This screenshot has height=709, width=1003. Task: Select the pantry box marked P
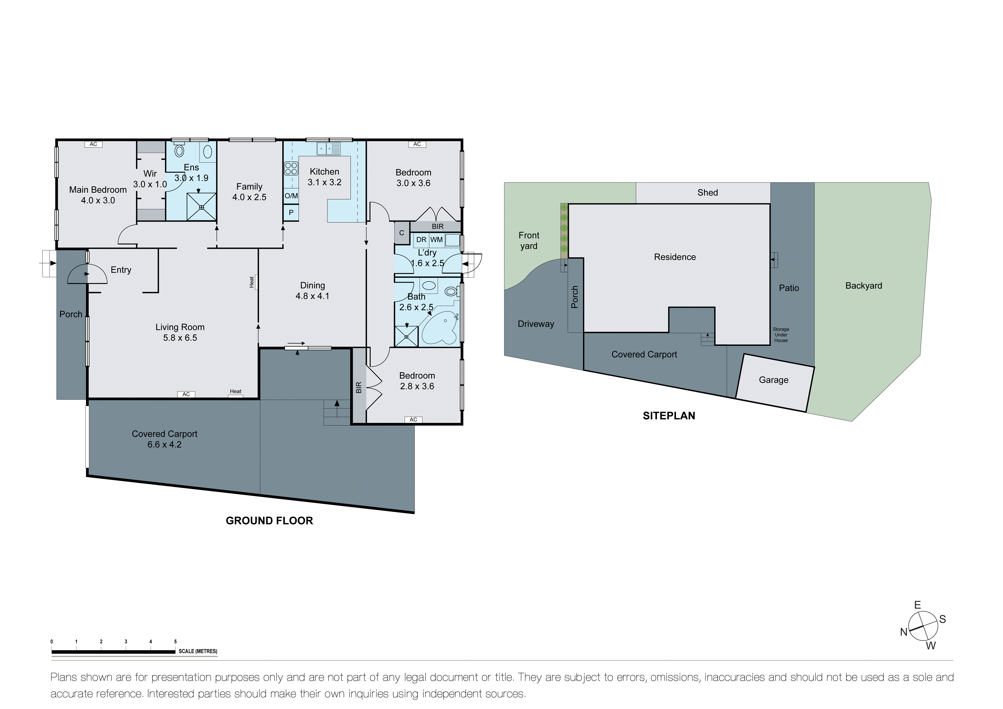(291, 213)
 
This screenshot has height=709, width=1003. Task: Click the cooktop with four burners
(291, 168)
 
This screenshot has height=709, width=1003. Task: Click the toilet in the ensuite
(179, 151)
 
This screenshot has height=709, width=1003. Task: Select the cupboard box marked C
(401, 233)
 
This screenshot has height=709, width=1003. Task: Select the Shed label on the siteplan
(707, 192)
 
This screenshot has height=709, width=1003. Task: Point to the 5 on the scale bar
(175, 642)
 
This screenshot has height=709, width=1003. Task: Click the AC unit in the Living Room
(186, 394)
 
